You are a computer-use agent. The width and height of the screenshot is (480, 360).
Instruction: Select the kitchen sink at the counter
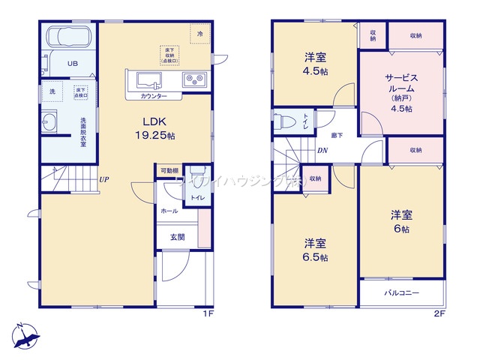(x=147, y=79)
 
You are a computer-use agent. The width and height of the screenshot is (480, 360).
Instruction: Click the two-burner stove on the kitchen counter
(x=194, y=79)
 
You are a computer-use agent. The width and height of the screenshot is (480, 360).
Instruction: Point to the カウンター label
(x=153, y=97)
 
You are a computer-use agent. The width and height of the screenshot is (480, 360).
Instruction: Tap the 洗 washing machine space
(x=52, y=91)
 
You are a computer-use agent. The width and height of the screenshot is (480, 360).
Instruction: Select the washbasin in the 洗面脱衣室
(x=52, y=122)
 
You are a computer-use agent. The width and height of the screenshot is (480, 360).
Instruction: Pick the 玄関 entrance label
(x=177, y=237)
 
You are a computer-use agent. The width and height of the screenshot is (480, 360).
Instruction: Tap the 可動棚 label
(x=168, y=171)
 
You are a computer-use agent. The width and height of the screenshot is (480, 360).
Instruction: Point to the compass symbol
(x=25, y=334)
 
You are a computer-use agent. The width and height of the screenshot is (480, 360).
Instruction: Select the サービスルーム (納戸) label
(x=406, y=91)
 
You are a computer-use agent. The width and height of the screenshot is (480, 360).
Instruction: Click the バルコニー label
(x=402, y=292)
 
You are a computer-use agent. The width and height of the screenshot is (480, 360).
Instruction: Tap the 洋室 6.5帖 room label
(x=315, y=248)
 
